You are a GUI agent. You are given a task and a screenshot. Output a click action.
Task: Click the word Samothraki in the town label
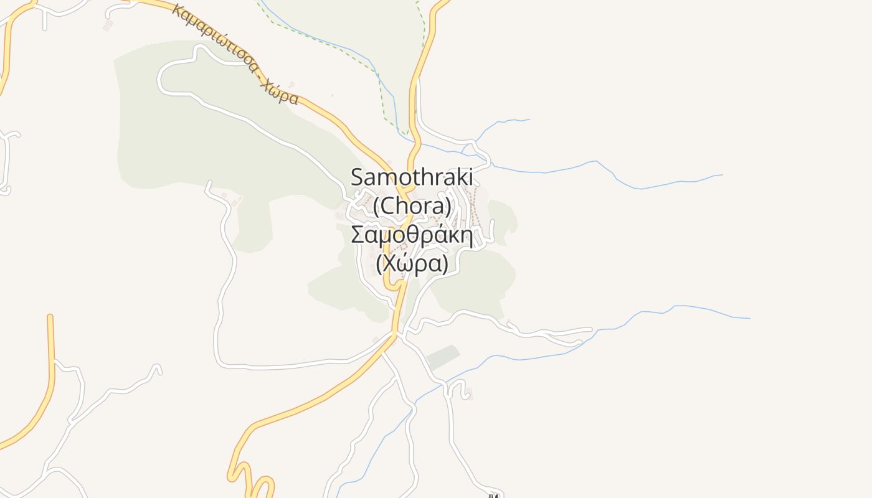(x=412, y=177)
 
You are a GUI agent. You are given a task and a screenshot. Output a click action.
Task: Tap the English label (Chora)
(x=412, y=205)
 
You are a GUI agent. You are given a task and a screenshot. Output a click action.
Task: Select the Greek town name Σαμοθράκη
(x=412, y=235)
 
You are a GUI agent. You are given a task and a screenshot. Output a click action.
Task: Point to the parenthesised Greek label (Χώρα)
(x=412, y=265)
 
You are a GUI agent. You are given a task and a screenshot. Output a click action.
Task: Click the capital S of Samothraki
(x=357, y=177)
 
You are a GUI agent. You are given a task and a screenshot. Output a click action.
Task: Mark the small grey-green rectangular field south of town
(x=443, y=357)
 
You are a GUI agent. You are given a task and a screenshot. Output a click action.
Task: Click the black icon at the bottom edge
(x=494, y=496)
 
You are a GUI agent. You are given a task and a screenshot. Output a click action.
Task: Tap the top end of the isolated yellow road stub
(x=50, y=317)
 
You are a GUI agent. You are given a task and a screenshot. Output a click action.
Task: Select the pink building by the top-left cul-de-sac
(x=108, y=24)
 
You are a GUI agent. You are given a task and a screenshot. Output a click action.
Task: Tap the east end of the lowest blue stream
(x=749, y=318)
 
